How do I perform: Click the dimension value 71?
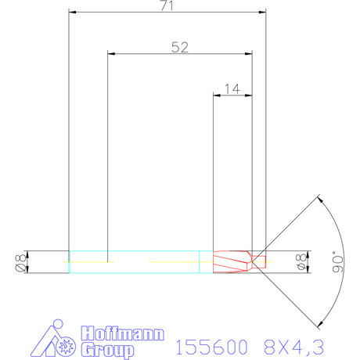167,6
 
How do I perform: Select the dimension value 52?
179,47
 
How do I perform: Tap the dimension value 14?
232,88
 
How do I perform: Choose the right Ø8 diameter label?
301,262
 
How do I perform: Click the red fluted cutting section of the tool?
232,261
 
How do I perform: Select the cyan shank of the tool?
133,261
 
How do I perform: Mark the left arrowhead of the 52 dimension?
110,54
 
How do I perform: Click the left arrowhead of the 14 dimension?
218,95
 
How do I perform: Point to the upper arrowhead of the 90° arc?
319,199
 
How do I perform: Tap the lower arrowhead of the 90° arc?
319,323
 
